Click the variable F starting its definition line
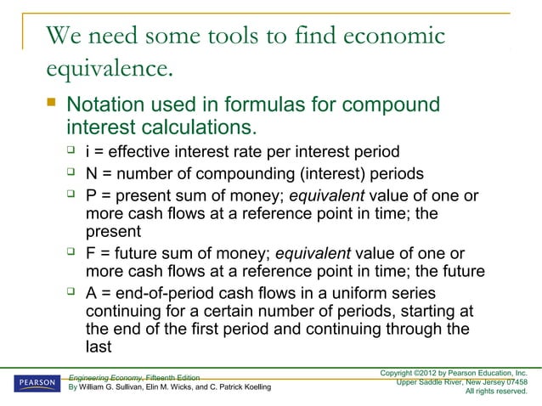point(92,252)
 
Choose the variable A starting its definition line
point(92,294)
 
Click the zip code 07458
point(515,381)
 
